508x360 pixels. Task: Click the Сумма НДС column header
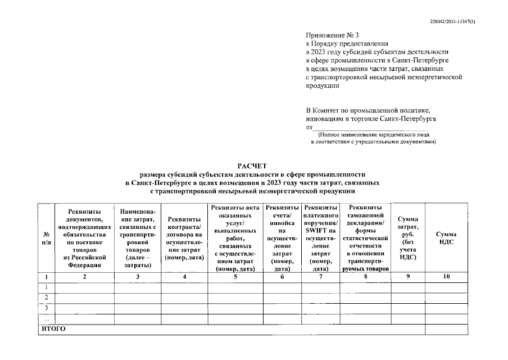point(446,237)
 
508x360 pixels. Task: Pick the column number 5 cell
point(235,277)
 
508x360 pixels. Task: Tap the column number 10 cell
point(446,277)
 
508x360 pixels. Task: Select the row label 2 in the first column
point(46,297)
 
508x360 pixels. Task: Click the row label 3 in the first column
point(46,308)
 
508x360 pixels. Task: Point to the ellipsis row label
point(46,318)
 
